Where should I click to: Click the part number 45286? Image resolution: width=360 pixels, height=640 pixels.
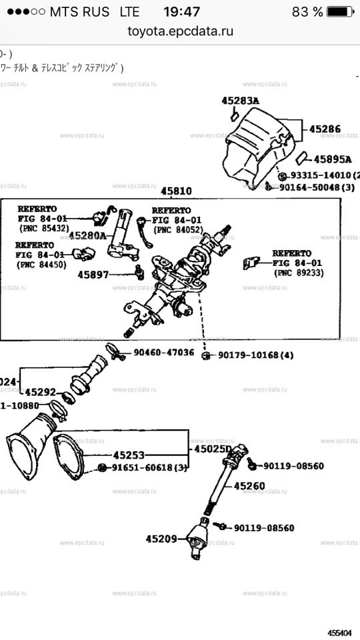[325, 129]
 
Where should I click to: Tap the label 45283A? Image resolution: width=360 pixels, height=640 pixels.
[240, 101]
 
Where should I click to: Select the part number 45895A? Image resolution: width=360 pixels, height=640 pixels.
[332, 159]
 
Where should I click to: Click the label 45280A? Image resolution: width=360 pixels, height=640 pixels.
[87, 235]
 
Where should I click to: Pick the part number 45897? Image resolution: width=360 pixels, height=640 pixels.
[93, 274]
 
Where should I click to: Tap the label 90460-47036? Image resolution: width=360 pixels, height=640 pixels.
[163, 352]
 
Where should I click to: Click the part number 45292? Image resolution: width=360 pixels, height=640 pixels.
[40, 392]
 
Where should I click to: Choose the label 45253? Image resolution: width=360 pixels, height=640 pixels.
[129, 455]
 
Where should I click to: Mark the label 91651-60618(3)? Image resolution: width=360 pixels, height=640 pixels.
[149, 467]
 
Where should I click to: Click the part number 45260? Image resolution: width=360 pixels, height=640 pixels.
[249, 486]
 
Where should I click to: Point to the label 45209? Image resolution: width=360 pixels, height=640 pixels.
[161, 538]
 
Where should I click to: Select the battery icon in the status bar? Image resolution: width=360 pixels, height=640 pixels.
[341, 12]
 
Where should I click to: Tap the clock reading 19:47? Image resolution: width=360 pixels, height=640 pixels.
[181, 12]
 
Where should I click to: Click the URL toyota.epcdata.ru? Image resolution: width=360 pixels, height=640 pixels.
[180, 31]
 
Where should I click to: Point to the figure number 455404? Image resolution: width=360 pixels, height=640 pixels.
[340, 631]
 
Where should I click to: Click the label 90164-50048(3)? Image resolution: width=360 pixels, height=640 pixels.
[317, 188]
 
